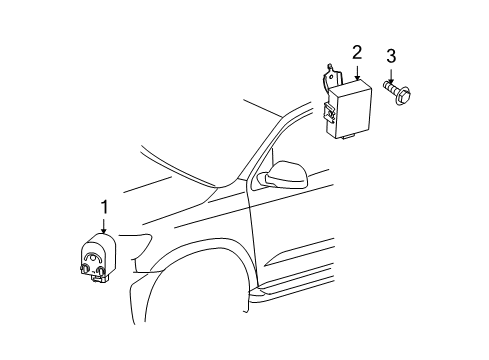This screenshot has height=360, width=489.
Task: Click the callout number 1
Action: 102,206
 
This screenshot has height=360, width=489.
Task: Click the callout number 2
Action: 357,52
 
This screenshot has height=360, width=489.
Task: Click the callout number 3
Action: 391,55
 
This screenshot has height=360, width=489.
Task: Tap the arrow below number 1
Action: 102,224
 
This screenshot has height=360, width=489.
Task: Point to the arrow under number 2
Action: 357,71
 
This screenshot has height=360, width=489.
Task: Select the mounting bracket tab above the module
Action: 329,76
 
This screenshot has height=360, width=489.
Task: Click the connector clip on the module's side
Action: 329,115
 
